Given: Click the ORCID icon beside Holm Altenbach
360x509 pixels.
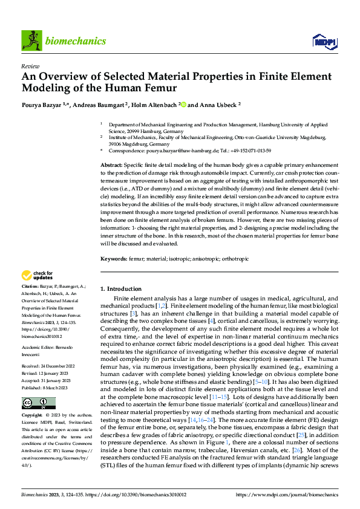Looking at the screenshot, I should click(182, 105).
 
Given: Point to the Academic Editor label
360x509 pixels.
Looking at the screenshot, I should click(39, 348).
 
